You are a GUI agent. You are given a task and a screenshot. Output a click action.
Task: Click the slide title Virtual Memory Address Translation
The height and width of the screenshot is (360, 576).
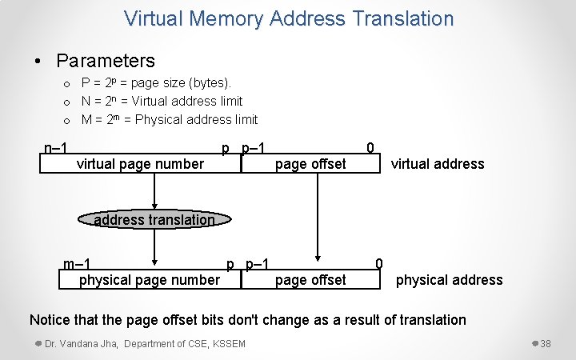289,18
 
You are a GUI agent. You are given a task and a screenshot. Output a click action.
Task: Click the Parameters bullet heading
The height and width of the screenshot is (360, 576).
105,60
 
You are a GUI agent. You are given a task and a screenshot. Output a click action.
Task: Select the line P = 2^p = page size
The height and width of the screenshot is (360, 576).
156,82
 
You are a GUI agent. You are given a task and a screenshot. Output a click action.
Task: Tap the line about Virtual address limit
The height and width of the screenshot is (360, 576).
162,101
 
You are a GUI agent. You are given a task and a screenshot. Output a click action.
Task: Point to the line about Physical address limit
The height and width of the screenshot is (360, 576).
170,119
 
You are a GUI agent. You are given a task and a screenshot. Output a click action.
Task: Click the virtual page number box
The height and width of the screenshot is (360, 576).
140,164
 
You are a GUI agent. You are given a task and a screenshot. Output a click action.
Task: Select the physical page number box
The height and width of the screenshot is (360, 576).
149,279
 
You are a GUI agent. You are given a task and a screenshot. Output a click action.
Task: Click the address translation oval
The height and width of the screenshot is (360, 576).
154,220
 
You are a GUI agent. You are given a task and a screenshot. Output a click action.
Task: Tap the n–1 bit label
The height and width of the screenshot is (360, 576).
55,147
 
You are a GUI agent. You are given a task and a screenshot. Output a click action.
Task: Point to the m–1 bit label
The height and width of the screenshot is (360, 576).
77,264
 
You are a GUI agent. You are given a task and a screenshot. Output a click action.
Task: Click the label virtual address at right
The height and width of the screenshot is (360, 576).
437,164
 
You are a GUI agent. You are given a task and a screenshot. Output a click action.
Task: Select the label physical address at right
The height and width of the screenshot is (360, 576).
449,280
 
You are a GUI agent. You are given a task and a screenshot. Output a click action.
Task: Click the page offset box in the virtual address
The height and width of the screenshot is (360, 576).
310,164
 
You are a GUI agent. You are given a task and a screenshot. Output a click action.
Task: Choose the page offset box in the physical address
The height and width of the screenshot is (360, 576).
310,279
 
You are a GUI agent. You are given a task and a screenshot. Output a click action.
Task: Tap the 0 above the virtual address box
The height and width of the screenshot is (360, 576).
370,147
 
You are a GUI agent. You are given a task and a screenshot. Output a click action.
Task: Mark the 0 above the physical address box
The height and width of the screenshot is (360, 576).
379,264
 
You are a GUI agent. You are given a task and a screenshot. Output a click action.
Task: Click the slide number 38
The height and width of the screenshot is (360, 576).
546,344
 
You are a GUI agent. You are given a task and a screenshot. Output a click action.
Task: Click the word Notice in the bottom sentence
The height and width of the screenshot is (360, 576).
50,320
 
